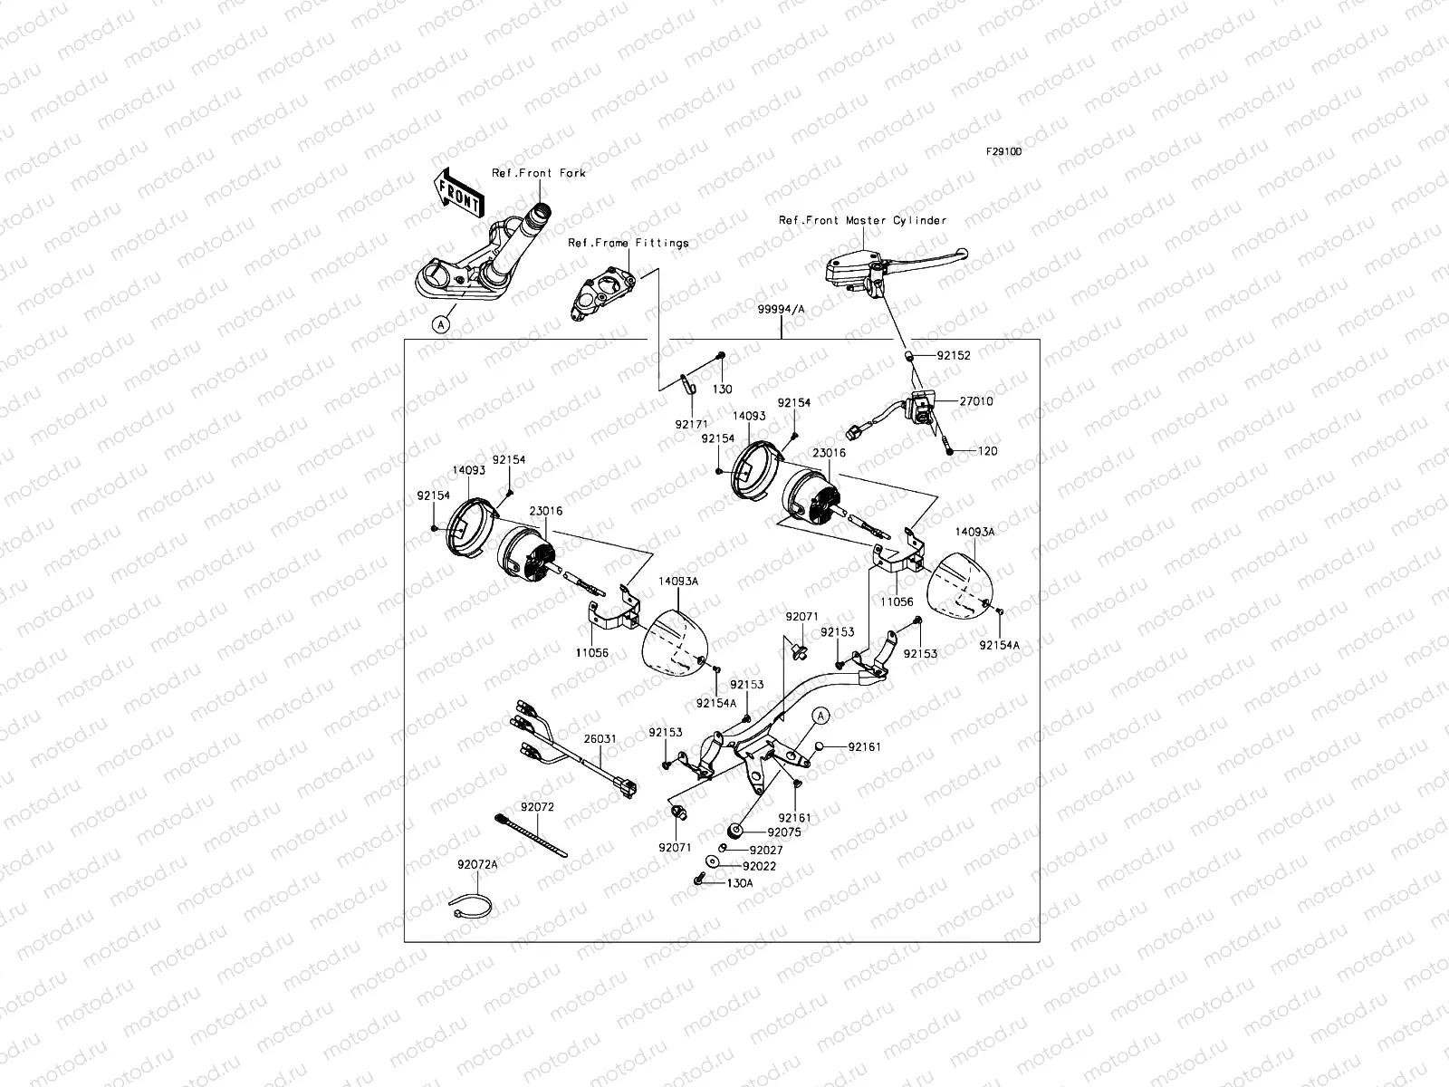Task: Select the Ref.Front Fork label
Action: tap(538, 173)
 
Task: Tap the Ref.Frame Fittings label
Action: tap(628, 243)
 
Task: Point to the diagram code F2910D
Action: tap(1003, 152)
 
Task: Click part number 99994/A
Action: tap(781, 310)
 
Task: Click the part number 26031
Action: tap(599, 739)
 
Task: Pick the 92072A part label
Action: tap(477, 865)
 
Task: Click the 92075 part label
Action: tap(783, 831)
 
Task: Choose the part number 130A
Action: tap(739, 882)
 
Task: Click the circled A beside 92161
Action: tap(820, 716)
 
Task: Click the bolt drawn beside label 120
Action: tap(949, 447)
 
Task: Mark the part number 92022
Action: tap(759, 866)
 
